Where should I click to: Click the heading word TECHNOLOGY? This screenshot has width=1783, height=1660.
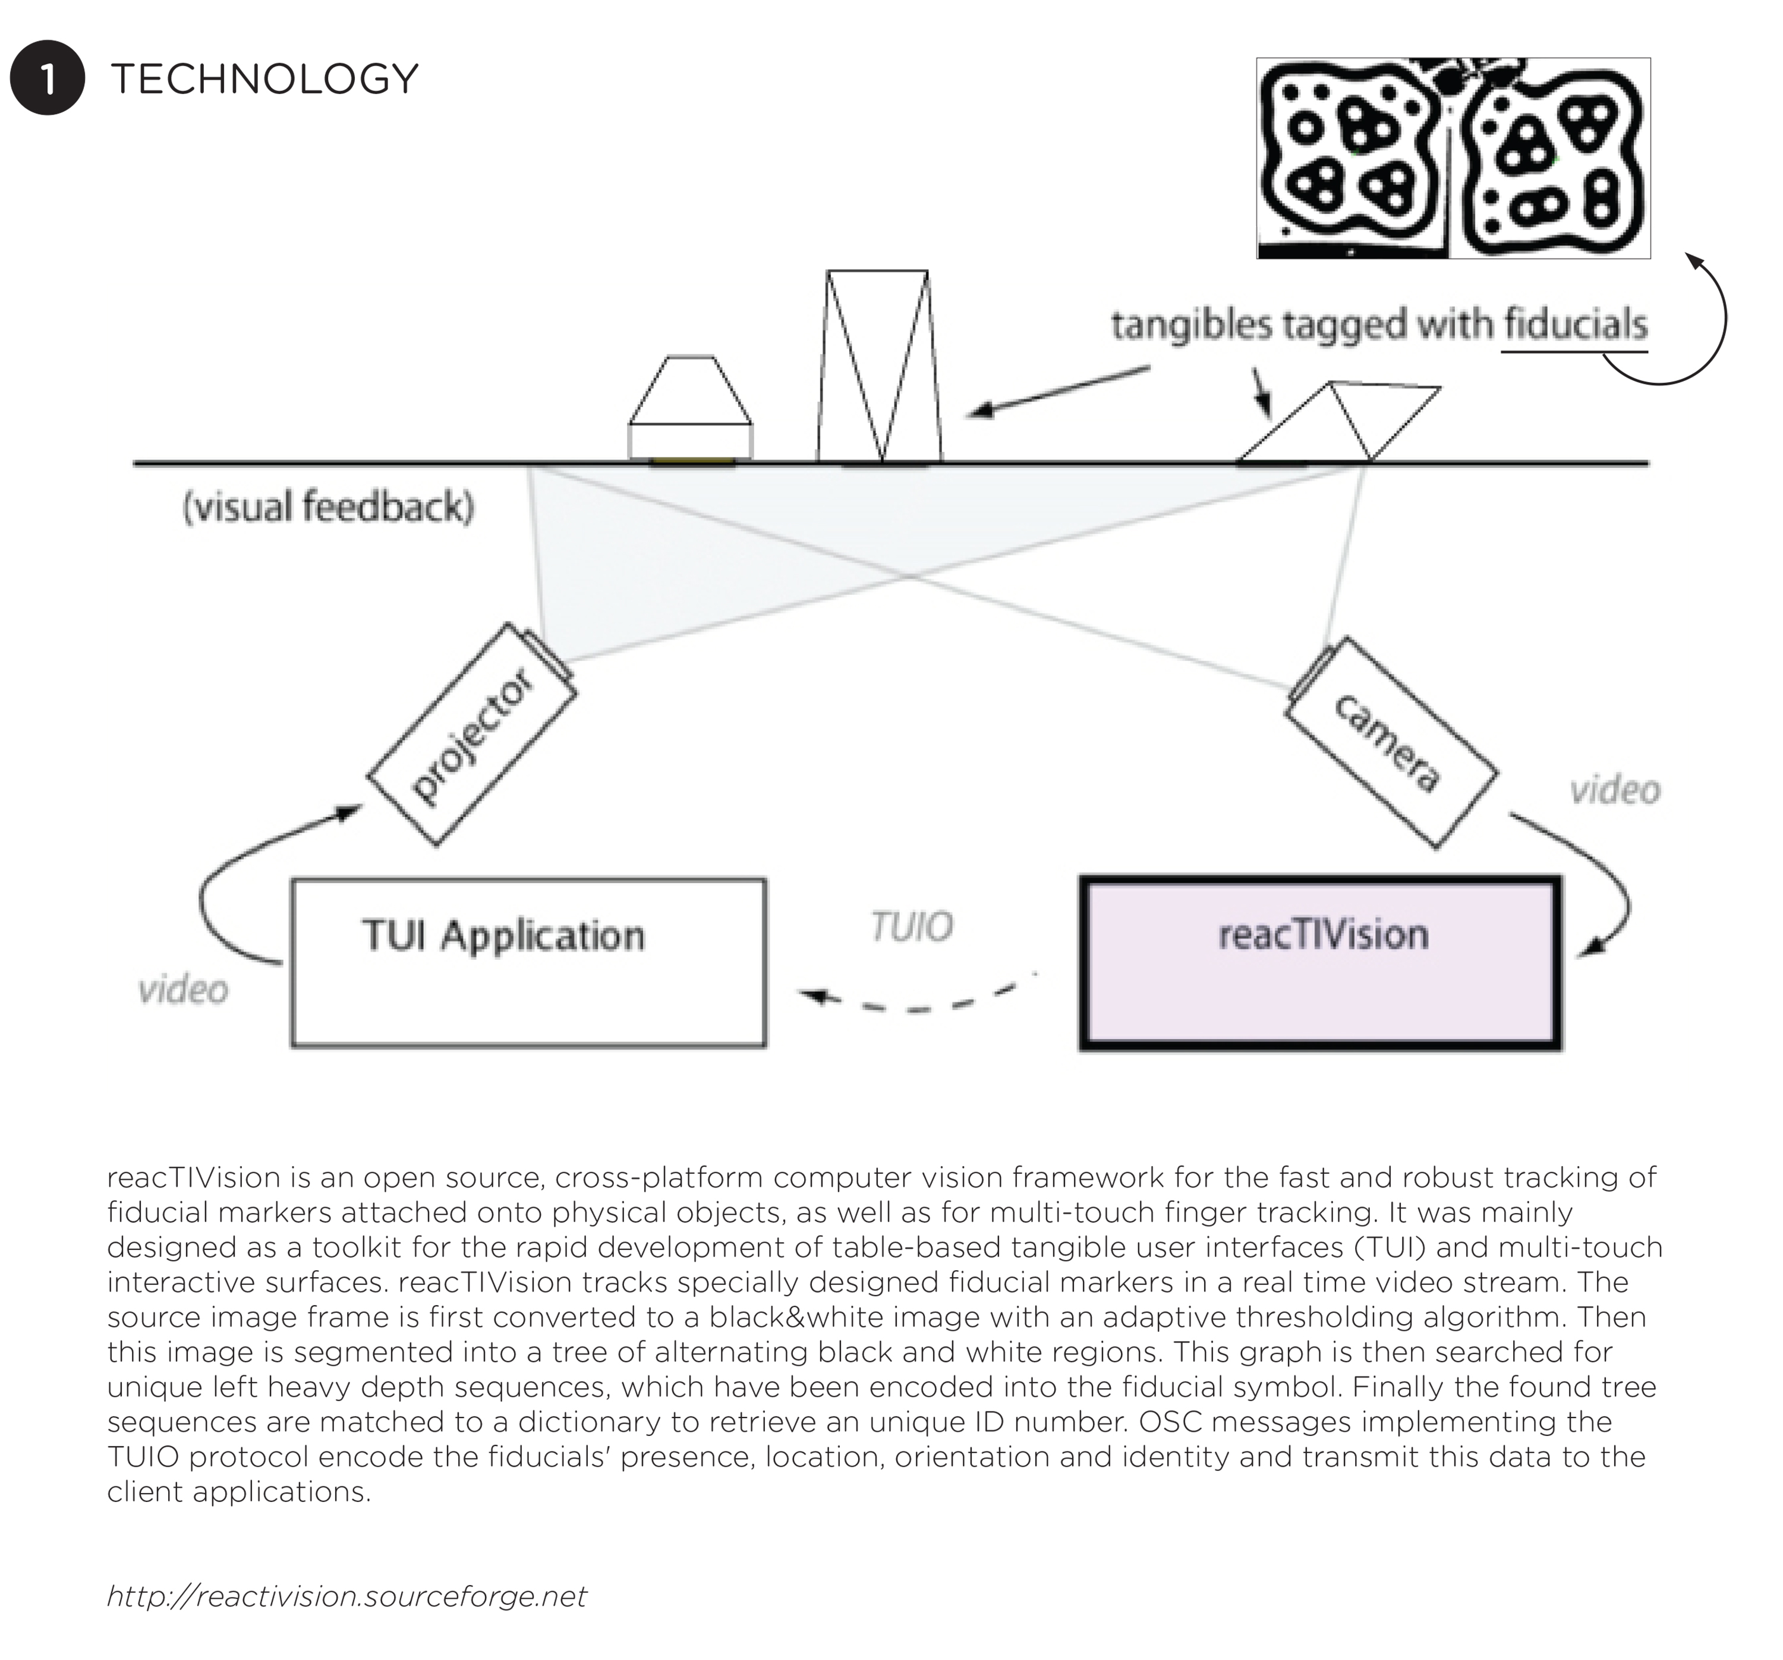coord(264,79)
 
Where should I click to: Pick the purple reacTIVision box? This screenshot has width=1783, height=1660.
coord(1320,962)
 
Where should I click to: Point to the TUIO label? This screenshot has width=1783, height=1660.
coord(911,927)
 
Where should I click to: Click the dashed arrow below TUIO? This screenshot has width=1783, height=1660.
coord(915,1008)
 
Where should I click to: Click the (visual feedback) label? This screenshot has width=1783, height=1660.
coord(328,507)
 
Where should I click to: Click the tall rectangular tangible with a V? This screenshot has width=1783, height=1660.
coord(879,366)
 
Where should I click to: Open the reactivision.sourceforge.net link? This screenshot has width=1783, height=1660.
coord(346,1596)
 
